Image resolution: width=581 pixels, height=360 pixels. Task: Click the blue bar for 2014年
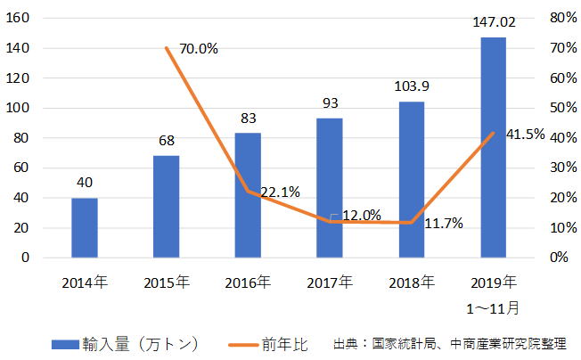pos(85,227)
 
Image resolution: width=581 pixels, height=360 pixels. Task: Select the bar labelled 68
pos(166,207)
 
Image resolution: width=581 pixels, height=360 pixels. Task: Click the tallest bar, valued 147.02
pos(493,147)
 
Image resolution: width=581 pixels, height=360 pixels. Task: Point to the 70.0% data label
pos(199,49)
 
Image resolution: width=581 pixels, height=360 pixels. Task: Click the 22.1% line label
pos(280,192)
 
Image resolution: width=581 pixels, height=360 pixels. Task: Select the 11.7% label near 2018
pos(443,224)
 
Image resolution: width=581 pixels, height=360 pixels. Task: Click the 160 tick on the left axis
pos(20,18)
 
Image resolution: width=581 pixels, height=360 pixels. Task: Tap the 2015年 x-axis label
pos(166,282)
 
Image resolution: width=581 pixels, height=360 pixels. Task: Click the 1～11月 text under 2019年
pos(493,306)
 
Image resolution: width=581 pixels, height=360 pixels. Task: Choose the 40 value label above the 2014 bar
pos(85,183)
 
